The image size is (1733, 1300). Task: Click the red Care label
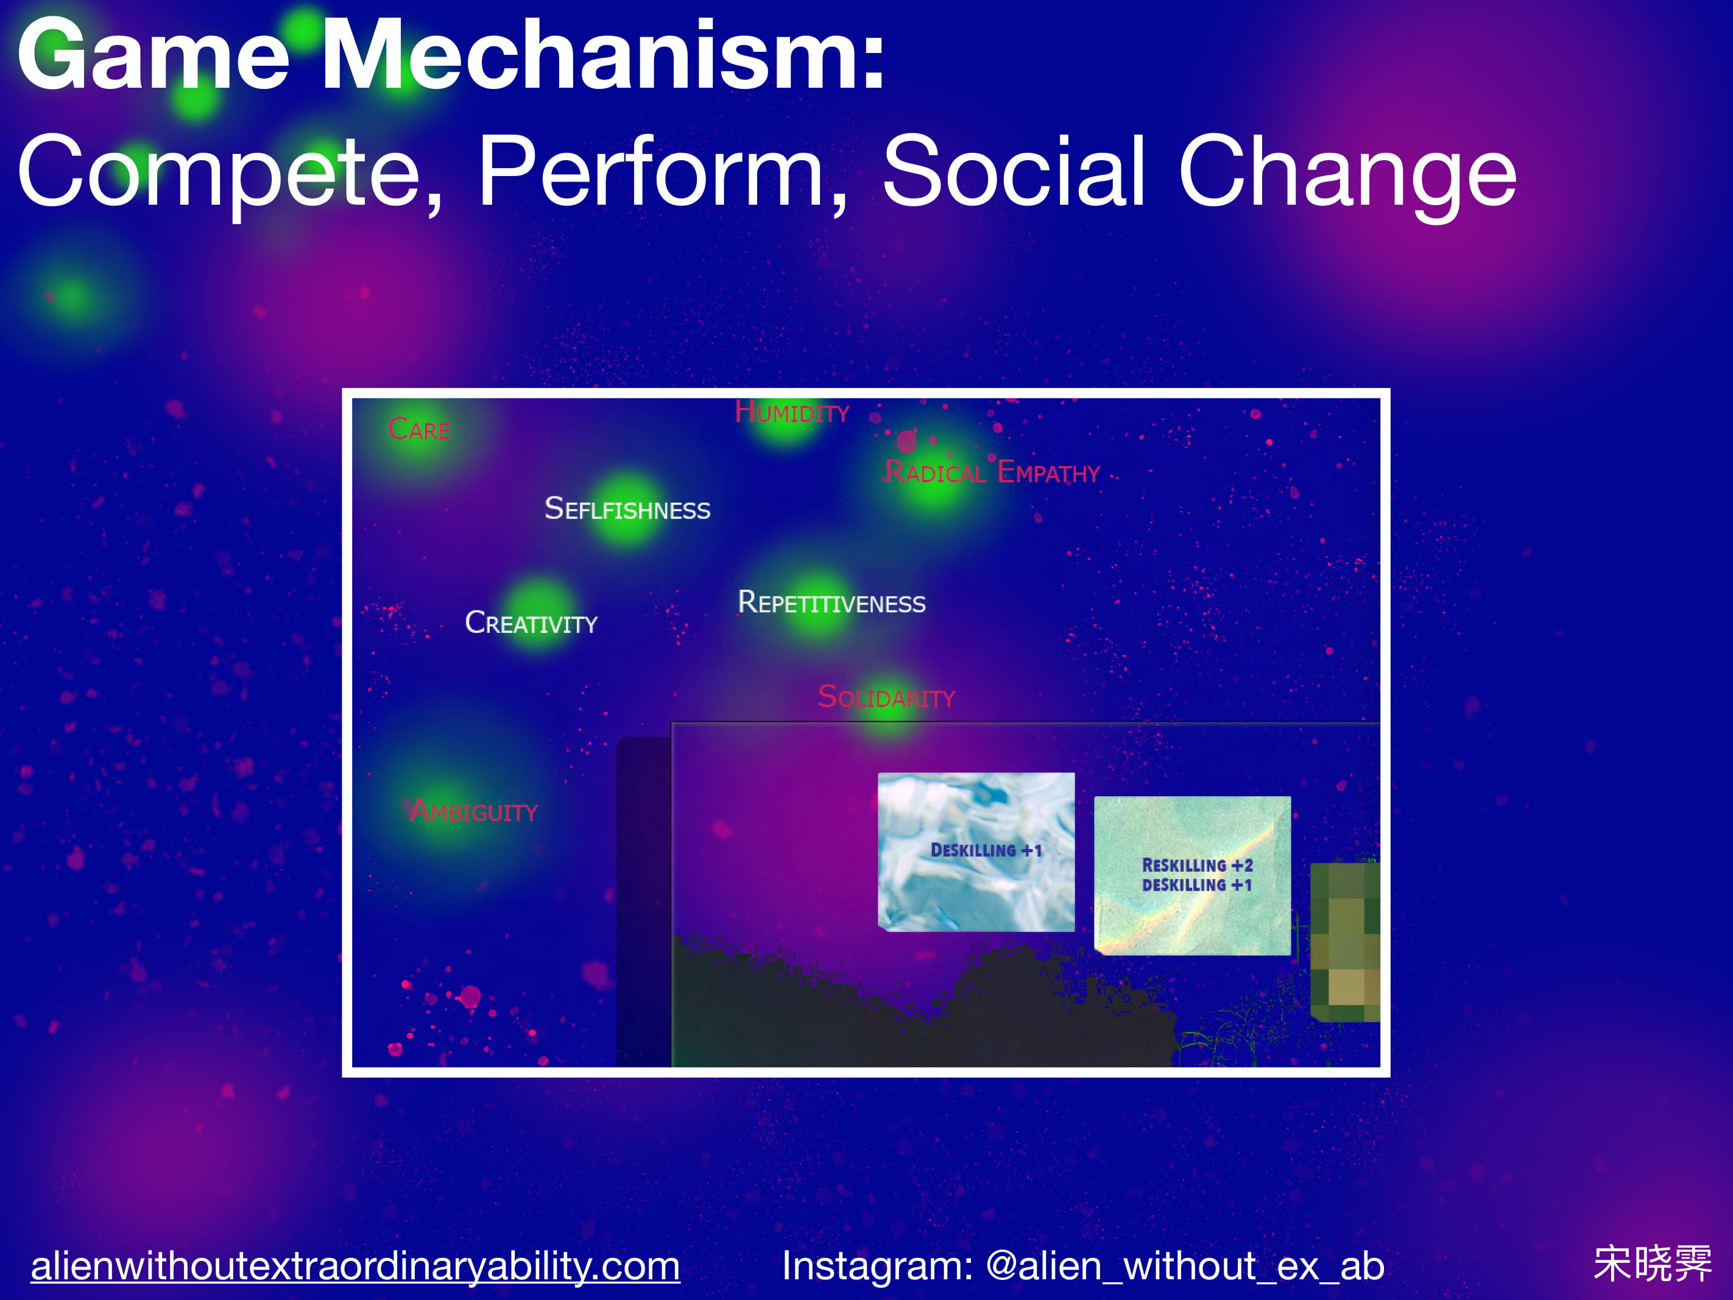[x=419, y=429]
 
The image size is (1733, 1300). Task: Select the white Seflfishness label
[x=627, y=509]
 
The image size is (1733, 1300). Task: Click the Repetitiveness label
[x=832, y=602]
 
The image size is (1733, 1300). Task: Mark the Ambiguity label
[x=473, y=810]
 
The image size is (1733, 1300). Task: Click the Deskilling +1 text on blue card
[x=986, y=850]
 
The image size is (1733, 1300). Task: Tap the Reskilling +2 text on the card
[x=1197, y=865]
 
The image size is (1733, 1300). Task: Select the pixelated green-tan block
[x=1345, y=942]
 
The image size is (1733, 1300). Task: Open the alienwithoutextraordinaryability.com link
[x=355, y=1265]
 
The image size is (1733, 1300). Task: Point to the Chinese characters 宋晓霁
[x=1653, y=1263]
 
